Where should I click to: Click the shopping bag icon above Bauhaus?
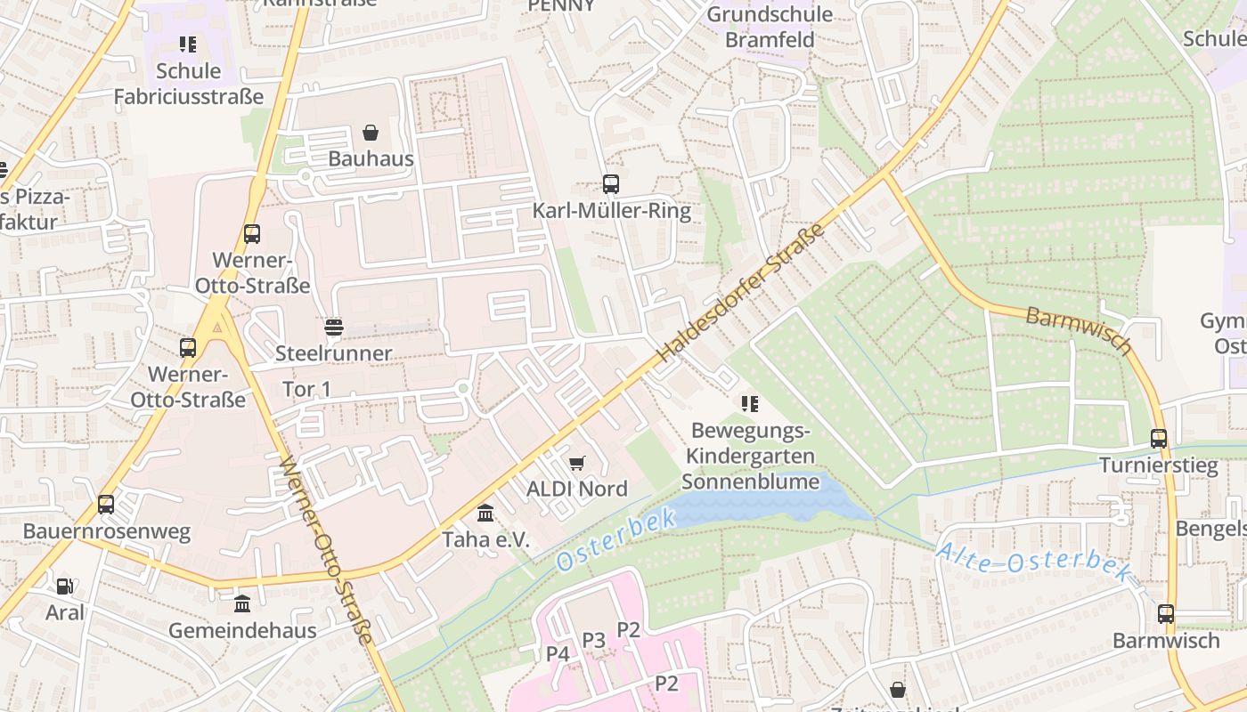371,133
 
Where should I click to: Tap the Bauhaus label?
371,158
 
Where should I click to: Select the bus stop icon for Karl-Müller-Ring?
610,184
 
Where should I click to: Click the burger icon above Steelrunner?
333,328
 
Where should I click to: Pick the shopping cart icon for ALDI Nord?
577,463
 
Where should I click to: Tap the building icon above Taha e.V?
485,514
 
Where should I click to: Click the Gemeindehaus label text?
243,630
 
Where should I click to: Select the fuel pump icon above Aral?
65,587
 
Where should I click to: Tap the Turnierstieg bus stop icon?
1158,439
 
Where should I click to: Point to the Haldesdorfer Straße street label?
741,294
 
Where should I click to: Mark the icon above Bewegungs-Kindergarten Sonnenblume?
750,404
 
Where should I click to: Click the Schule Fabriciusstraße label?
189,84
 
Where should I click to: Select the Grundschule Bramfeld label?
770,27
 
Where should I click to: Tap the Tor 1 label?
306,389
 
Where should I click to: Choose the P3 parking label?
593,640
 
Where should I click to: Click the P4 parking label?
558,654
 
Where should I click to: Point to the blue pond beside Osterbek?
766,504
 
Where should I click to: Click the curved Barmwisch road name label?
1078,330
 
